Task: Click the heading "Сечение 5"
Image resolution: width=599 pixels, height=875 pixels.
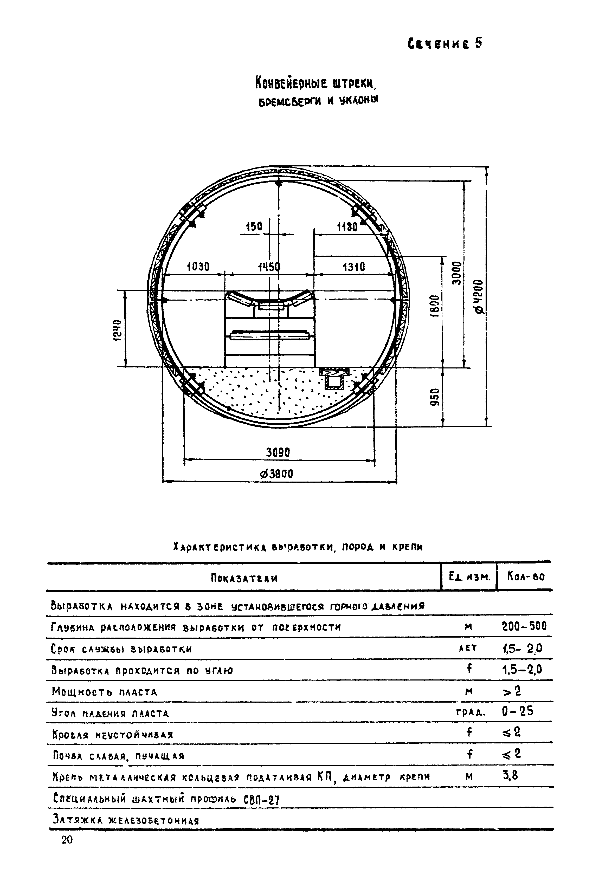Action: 444,44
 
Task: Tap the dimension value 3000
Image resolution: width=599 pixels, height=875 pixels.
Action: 456,273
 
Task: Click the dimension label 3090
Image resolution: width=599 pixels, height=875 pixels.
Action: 278,452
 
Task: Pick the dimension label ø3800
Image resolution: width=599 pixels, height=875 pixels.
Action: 277,474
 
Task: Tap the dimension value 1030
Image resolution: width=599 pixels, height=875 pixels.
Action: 198,267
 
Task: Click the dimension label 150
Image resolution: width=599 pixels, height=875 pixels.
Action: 254,227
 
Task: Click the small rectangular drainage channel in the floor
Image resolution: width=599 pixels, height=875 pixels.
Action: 334,382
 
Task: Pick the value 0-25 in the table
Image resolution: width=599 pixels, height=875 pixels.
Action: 518,711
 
